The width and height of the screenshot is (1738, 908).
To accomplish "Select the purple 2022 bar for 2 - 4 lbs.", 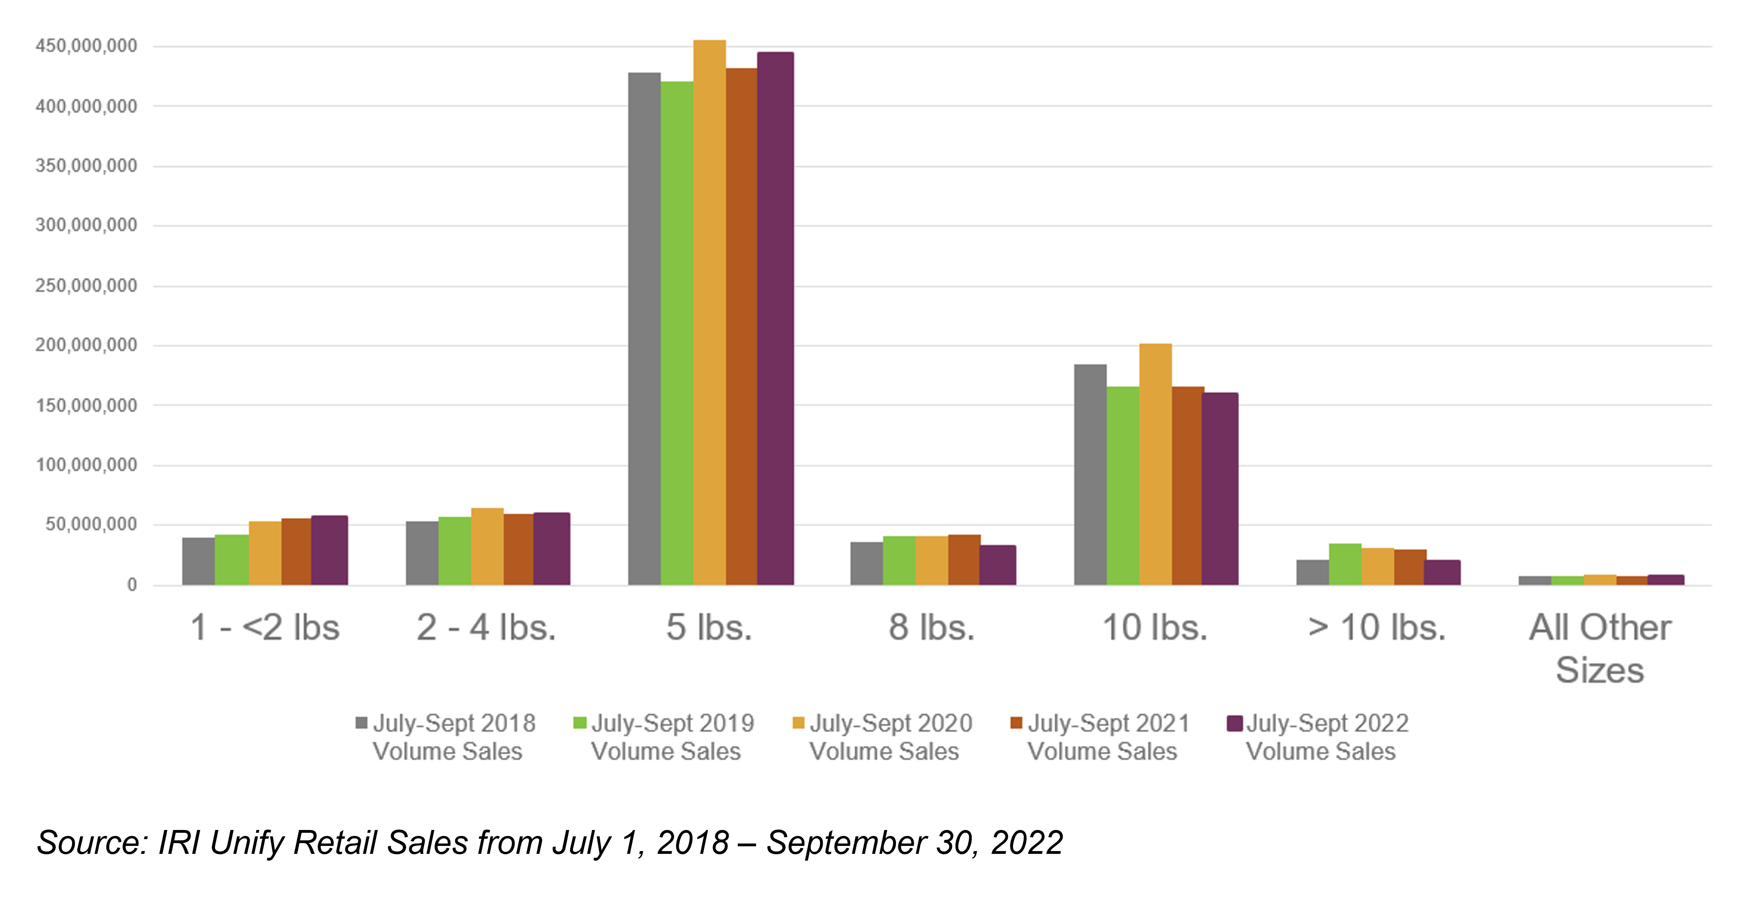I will click(551, 549).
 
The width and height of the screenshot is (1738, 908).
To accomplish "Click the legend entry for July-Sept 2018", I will click(445, 737).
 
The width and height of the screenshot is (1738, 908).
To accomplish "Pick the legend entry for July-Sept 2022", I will click(1319, 737).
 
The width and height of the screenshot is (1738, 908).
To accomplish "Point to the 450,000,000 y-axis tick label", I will click(86, 46).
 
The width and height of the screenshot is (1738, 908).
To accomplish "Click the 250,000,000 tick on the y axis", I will click(86, 285).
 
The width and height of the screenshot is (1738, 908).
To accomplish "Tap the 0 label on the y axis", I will click(132, 585).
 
